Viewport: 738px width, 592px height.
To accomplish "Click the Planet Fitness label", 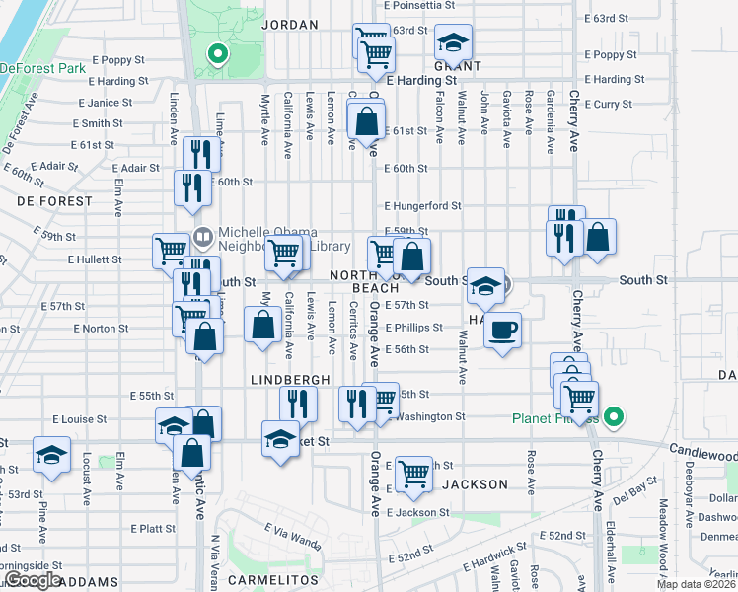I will click(554, 418).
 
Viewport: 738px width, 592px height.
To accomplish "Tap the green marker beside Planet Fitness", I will click(613, 418).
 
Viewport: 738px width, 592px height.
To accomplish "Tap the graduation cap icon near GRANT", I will click(454, 42).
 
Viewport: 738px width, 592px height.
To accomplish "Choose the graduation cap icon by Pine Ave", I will click(51, 455).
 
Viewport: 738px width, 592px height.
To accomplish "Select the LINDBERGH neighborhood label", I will click(289, 380).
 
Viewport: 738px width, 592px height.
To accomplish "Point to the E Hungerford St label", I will click(422, 206).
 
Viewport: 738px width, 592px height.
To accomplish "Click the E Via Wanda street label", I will click(292, 543).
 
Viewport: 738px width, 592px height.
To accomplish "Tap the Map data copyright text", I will click(696, 584).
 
